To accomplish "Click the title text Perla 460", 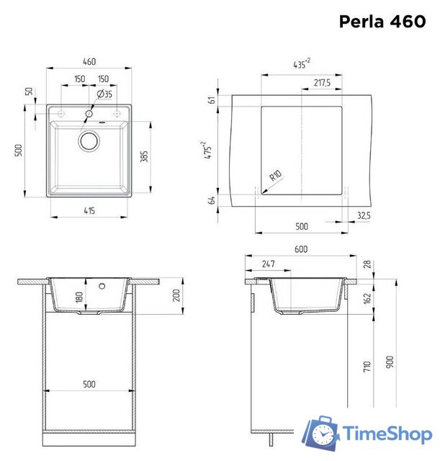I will pyautogui.click(x=383, y=22).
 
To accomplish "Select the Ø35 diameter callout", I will pyautogui.click(x=104, y=94).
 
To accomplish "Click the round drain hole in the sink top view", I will pyautogui.click(x=90, y=140).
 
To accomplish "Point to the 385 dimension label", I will pyautogui.click(x=143, y=156).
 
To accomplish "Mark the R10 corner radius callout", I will pyautogui.click(x=275, y=176).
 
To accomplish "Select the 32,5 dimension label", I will pyautogui.click(x=363, y=215).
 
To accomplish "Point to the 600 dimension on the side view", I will pyautogui.click(x=301, y=249).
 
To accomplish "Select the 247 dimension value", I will pyautogui.click(x=268, y=264).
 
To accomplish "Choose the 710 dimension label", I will pyautogui.click(x=367, y=368).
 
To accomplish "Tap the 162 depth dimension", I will pyautogui.click(x=367, y=297).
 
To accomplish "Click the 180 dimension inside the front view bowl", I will pyautogui.click(x=80, y=297).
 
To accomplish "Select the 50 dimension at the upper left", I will pyautogui.click(x=30, y=91).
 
